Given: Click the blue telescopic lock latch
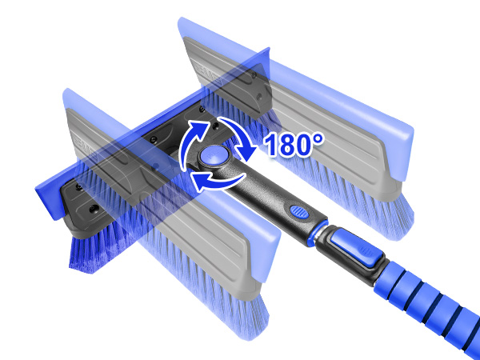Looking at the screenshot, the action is (357, 249).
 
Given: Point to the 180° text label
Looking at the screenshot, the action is (293, 144).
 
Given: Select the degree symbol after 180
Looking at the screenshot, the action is (318, 138).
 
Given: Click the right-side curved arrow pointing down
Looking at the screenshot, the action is (240, 138).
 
